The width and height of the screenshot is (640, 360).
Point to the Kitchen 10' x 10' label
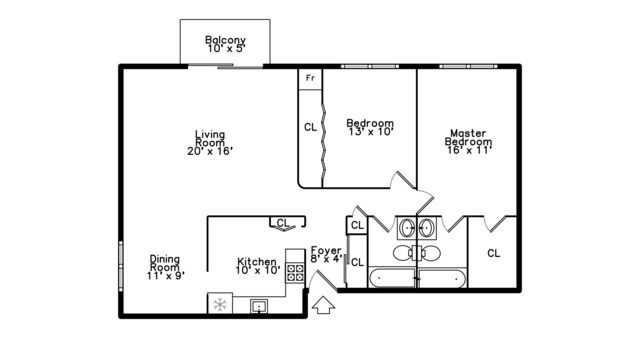pos(257,264)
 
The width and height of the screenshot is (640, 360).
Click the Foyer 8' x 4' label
pos(327,254)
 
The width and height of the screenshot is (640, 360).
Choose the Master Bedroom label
pos(468,137)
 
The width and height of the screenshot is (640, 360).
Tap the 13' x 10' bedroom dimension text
pos(370,131)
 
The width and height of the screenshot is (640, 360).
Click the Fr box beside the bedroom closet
pos(310,77)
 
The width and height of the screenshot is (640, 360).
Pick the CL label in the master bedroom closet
pos(493,253)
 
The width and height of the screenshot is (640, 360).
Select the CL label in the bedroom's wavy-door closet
pos(310,127)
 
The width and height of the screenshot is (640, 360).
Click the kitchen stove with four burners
pos(295,269)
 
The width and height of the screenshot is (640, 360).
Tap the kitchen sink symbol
pos(259,304)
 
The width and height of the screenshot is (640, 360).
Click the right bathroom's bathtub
pos(442,278)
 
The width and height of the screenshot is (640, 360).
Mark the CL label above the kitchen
pos(282,223)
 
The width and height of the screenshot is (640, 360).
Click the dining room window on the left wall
pos(121,269)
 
